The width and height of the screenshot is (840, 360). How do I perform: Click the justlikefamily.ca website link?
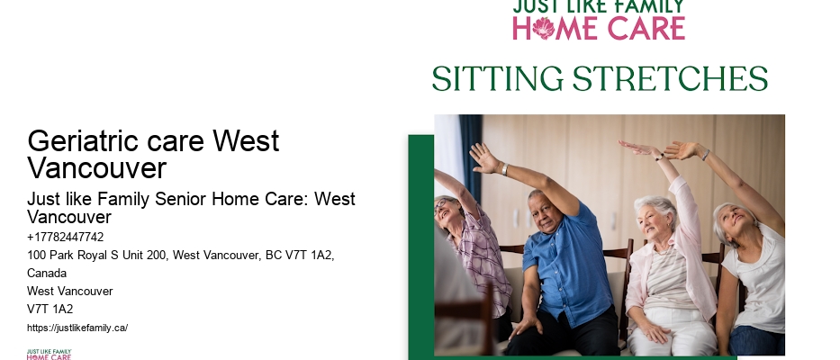[x=77, y=328]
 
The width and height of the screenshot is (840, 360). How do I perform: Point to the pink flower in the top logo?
[x=543, y=28]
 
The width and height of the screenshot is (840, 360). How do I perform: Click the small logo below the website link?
[x=49, y=354]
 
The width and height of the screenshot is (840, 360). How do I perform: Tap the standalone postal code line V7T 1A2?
[x=50, y=309]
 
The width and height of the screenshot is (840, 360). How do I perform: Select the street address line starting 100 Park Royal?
[x=180, y=256]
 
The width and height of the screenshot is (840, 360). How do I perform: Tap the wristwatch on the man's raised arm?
[x=505, y=168]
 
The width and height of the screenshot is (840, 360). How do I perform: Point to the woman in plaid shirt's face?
[x=447, y=211]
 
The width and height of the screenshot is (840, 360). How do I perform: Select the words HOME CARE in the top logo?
[x=599, y=28]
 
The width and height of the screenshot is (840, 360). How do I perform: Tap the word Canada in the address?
[x=47, y=273]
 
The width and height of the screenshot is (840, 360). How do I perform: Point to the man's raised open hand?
[x=483, y=157]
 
